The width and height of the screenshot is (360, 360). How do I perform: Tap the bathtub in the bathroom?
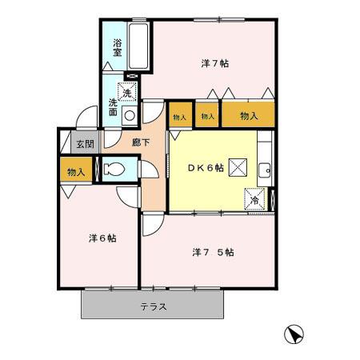tap(137, 46)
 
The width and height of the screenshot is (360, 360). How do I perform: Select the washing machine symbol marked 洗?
tap(127, 93)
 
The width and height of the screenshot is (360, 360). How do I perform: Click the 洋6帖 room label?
tap(102, 238)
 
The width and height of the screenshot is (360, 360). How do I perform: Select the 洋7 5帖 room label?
tap(213, 252)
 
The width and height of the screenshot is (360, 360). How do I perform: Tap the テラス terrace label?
tap(152, 306)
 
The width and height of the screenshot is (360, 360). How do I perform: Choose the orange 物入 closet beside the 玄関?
tap(76, 170)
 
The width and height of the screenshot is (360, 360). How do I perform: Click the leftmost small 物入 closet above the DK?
tap(179, 117)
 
